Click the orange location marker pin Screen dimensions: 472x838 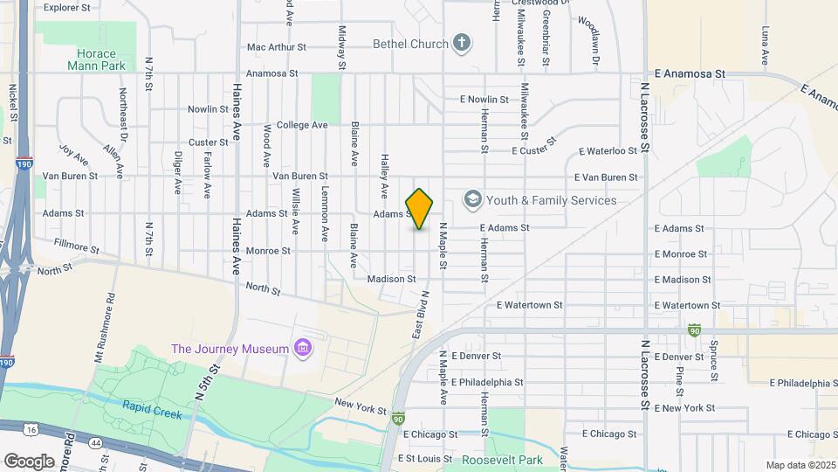coord(419,209)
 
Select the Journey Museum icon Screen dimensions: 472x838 coord(303,349)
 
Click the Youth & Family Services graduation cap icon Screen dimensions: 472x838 coord(473,200)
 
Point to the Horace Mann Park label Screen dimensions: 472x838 coord(96,59)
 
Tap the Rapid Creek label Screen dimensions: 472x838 coord(152,410)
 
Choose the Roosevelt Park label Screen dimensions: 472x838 coord(502,460)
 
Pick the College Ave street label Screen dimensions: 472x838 coord(301,125)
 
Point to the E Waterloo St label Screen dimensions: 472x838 coord(607,151)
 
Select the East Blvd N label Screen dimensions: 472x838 coord(420,316)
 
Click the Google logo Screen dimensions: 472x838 coord(29,461)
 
